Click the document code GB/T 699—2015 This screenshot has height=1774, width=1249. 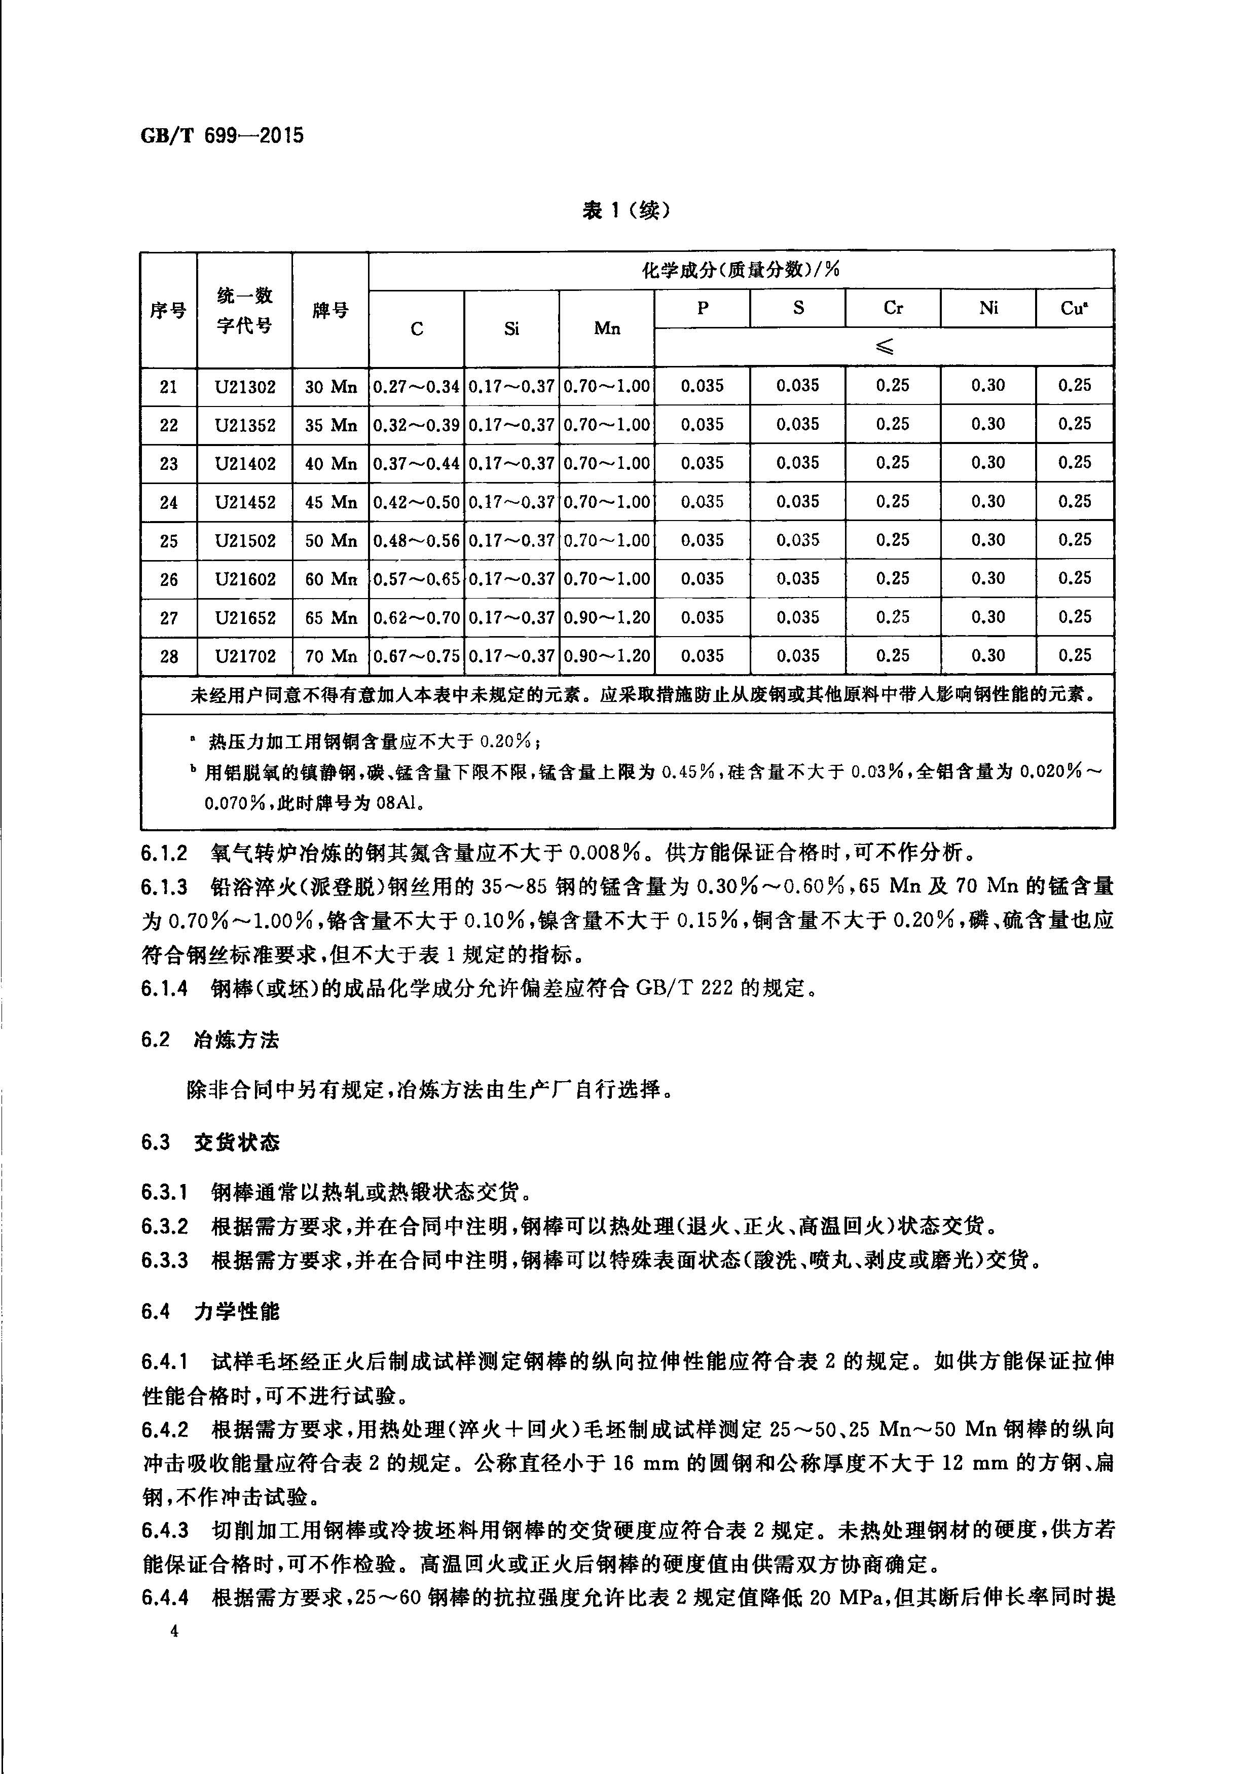pos(223,136)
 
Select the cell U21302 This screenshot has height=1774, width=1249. pos(245,386)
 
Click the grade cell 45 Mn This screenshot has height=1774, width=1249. pos(331,502)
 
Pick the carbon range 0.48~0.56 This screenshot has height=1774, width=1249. pos(417,541)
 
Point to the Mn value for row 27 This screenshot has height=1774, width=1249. pos(607,617)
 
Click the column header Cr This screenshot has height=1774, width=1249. pos(893,308)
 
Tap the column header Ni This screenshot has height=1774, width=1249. pos(988,308)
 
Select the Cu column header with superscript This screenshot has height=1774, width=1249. pos(1074,308)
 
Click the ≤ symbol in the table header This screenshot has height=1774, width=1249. pos(884,348)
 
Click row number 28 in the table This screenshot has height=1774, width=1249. pos(168,656)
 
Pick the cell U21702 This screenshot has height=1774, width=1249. pos(245,656)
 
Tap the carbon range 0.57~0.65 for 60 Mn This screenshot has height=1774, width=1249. pos(417,579)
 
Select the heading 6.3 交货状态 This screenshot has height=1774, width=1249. pos(210,1142)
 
